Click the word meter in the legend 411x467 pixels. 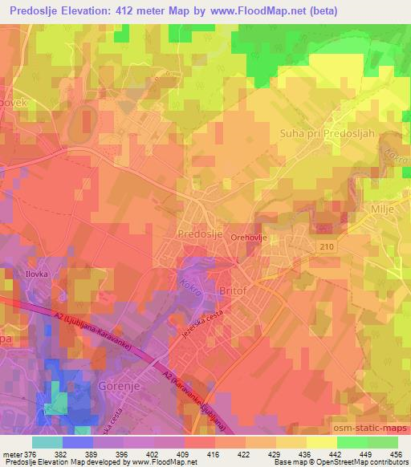pyautogui.click(x=12, y=453)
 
